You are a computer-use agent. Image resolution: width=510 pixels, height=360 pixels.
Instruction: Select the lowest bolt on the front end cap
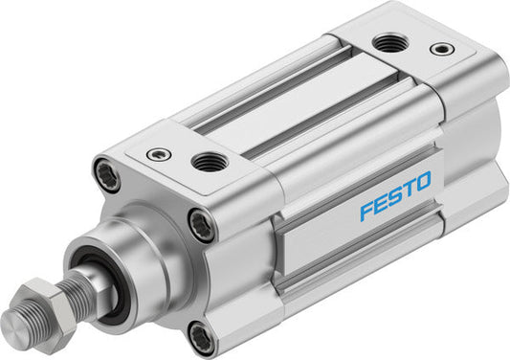pyautogui.click(x=200, y=336)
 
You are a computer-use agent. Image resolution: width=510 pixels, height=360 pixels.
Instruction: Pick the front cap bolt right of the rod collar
pyautogui.click(x=201, y=226)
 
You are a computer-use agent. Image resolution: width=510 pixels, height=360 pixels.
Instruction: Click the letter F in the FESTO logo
pyautogui.click(x=366, y=211)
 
